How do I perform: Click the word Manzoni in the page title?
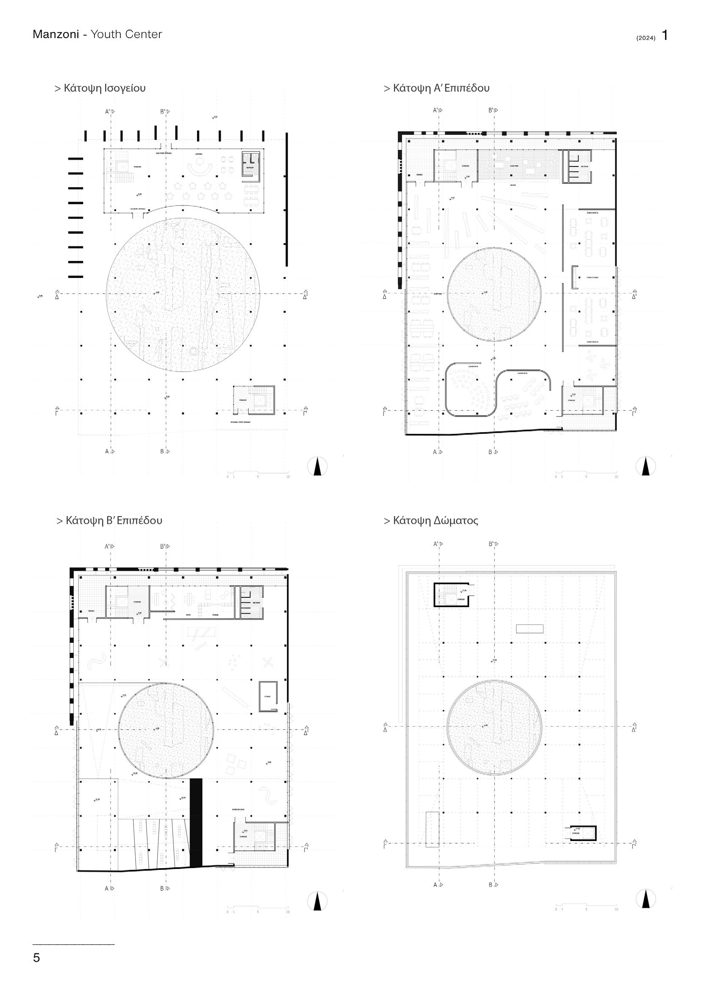[x=56, y=34]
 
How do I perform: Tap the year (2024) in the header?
[x=646, y=38]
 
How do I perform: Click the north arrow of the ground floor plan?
[x=317, y=466]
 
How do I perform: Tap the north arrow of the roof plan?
[x=646, y=900]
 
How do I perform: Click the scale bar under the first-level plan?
[x=586, y=473]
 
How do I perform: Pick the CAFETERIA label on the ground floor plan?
[x=199, y=153]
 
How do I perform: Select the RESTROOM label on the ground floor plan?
[x=250, y=167]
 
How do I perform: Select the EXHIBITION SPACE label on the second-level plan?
[x=238, y=809]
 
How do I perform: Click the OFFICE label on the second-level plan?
[x=188, y=615]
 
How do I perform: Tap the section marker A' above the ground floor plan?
[x=108, y=112]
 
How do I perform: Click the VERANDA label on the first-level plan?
[x=420, y=175]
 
